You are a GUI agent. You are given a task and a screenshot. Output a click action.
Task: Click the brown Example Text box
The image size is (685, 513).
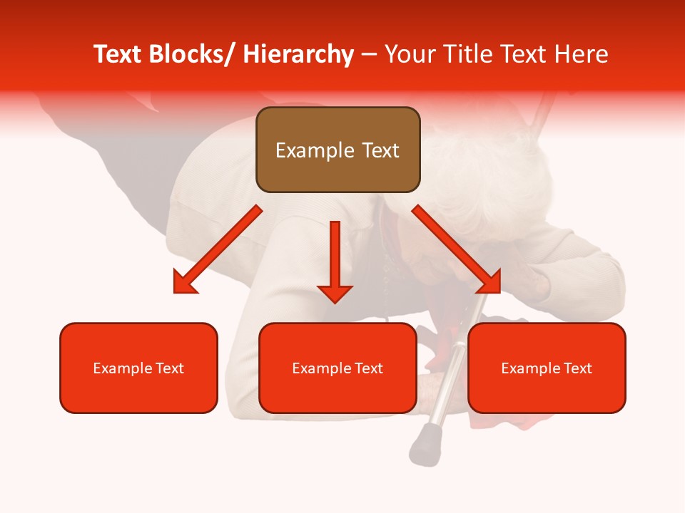(338, 150)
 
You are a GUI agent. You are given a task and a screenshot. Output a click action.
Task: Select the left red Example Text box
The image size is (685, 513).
(138, 368)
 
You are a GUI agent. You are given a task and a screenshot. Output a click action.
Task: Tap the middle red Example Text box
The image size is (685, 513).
(338, 368)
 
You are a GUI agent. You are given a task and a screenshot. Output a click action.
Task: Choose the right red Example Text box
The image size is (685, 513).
(547, 368)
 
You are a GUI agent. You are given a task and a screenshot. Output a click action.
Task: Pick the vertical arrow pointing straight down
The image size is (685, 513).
(335, 260)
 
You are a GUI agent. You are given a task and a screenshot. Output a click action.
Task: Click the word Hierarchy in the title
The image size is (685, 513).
(298, 54)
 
